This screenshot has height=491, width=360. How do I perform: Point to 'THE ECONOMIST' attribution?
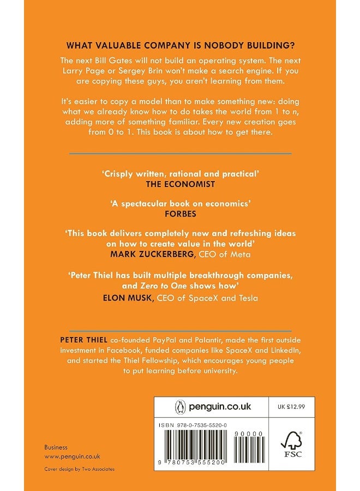click(x=179, y=184)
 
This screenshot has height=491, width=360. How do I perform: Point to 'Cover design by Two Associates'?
click(x=80, y=469)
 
